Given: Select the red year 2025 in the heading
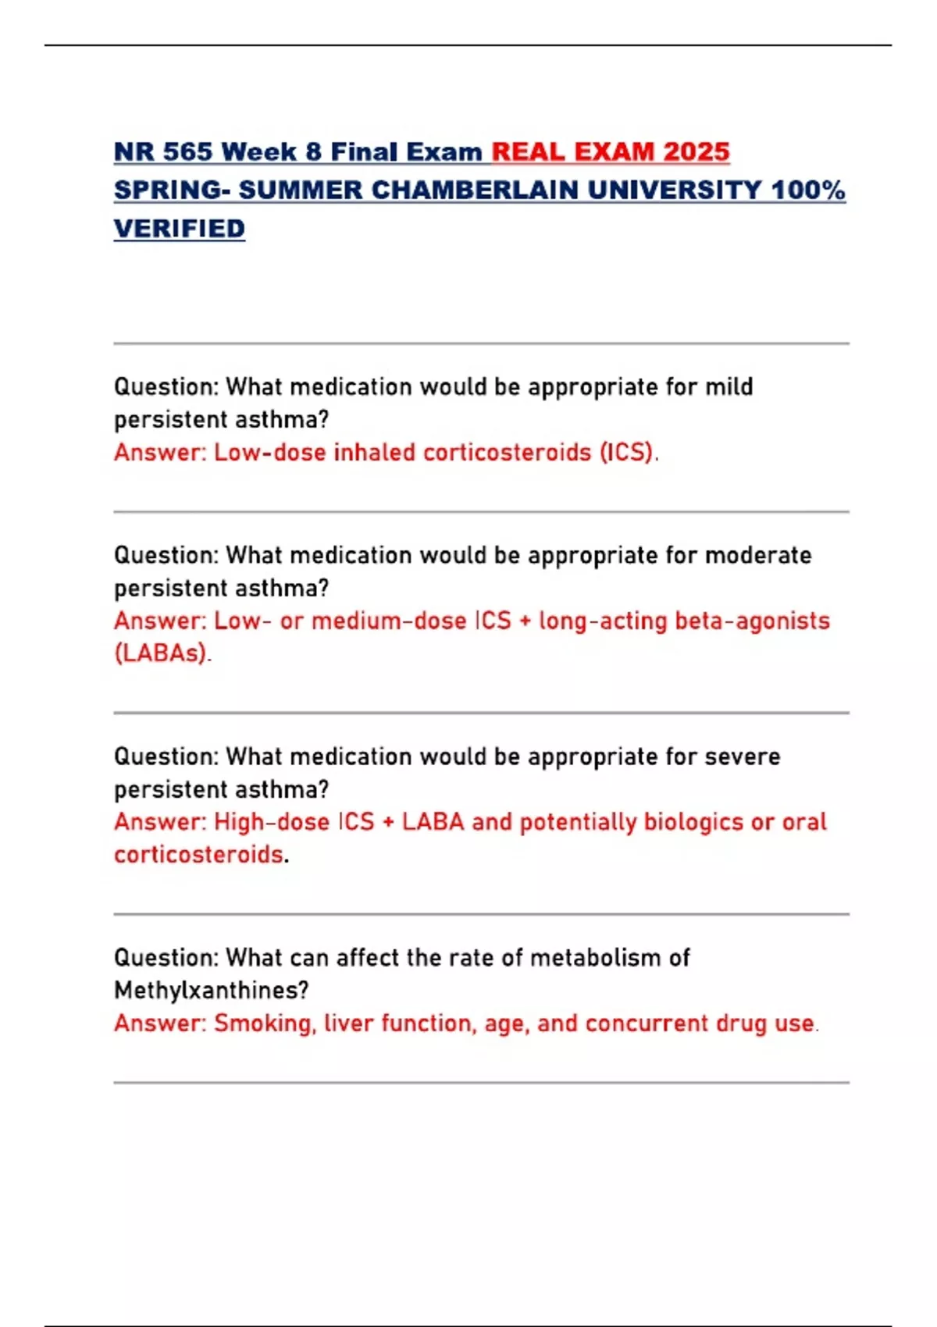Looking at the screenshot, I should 697,151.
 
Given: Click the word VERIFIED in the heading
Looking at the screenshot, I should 180,229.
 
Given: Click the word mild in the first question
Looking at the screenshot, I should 729,387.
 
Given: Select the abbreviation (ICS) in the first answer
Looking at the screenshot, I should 627,453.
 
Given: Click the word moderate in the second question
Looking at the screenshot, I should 758,556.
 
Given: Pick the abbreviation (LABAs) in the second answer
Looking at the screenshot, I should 162,653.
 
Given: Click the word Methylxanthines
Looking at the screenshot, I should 211,991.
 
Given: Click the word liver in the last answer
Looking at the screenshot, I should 348,1024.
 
